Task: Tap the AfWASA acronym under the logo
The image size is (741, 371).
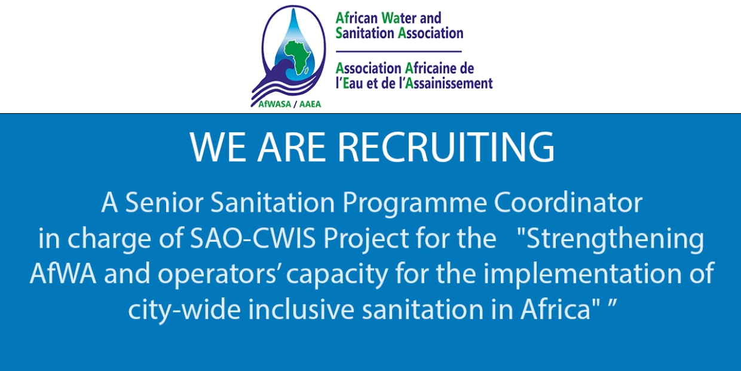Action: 274,104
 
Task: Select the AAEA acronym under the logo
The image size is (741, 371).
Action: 310,104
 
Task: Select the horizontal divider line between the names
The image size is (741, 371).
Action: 399,51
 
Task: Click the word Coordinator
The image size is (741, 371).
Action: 568,202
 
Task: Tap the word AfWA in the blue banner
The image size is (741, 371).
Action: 63,273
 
